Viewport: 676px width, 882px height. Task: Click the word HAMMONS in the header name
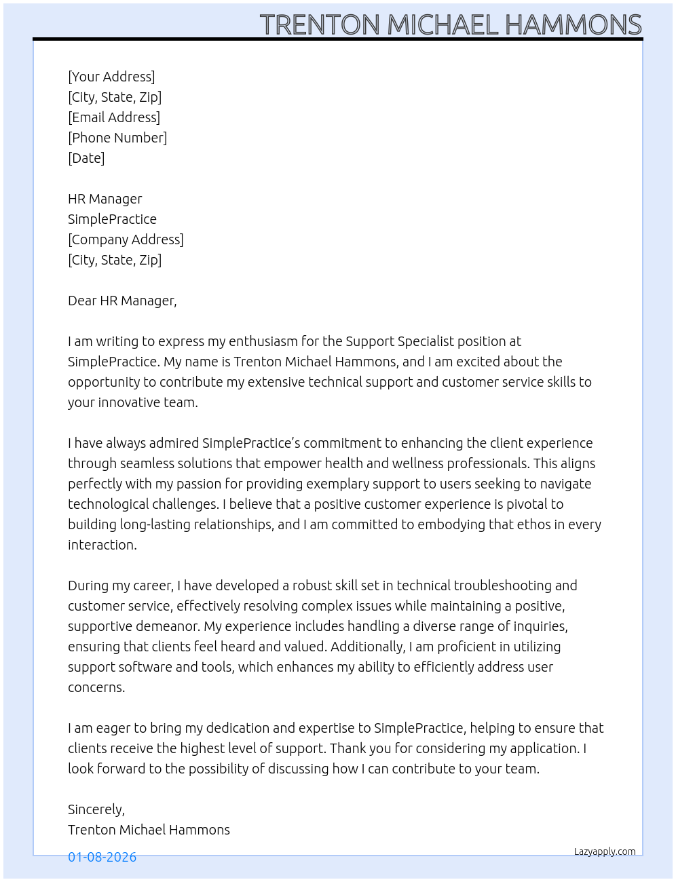coord(573,25)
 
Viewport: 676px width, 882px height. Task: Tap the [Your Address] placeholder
coord(111,77)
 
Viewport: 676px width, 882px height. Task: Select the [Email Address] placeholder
coord(114,117)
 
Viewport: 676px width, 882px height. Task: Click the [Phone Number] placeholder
coord(117,138)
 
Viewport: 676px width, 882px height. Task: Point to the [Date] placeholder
coord(86,158)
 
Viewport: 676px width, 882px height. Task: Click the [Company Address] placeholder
coord(126,239)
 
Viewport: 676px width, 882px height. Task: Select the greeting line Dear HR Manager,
coord(122,301)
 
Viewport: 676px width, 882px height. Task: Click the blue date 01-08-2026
coord(102,857)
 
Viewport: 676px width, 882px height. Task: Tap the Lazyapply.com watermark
coord(605,851)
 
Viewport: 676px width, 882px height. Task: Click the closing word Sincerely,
coord(96,809)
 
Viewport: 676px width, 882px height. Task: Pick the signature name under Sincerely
coord(149,830)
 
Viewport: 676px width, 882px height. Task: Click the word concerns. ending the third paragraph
coord(96,687)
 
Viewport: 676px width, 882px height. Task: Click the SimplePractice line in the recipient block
coord(112,219)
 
